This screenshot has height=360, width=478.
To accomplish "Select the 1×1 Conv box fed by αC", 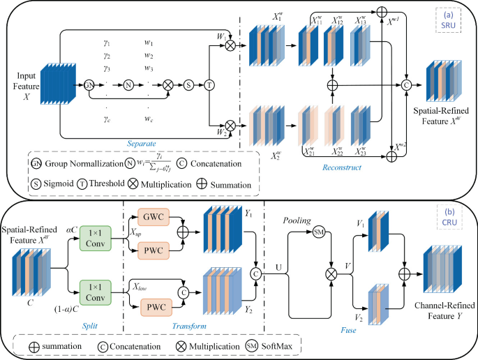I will [x=95, y=236].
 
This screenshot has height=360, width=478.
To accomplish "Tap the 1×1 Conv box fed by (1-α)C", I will [x=95, y=291].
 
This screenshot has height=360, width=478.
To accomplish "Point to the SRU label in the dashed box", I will [x=446, y=26].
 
